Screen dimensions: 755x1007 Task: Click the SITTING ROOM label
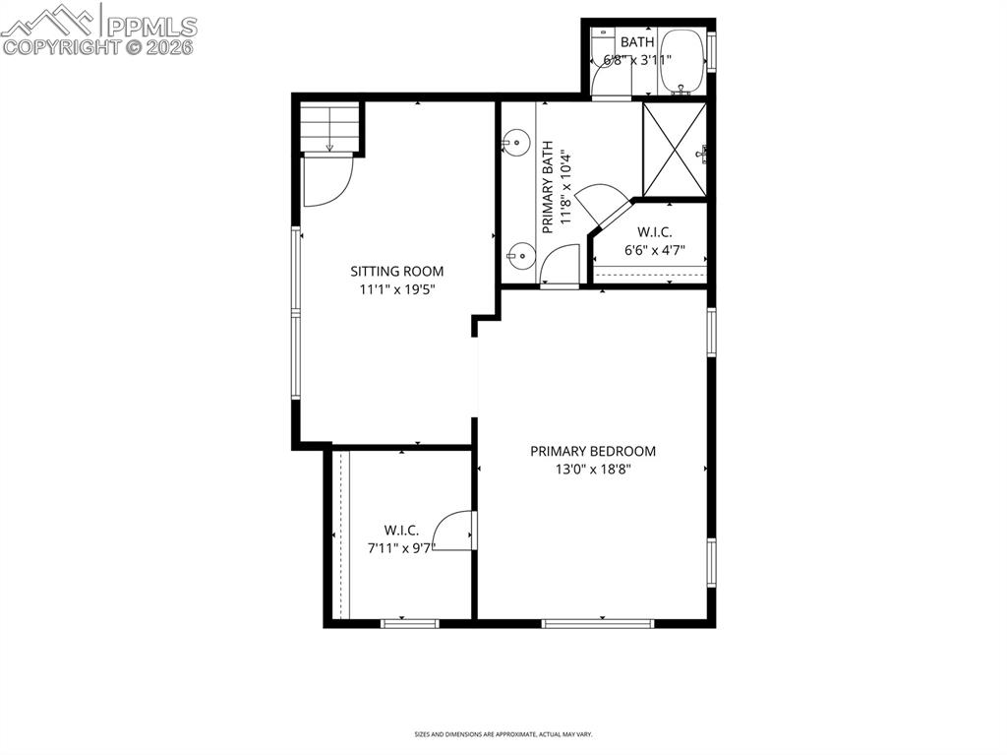(x=397, y=272)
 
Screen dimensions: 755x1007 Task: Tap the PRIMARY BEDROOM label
(x=593, y=452)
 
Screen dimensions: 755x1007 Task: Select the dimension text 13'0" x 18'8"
(x=593, y=470)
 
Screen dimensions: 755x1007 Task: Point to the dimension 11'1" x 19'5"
(x=397, y=289)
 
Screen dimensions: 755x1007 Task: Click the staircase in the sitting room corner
(x=329, y=127)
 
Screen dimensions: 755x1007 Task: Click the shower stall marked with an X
(x=674, y=149)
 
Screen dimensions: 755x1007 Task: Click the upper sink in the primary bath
(x=513, y=144)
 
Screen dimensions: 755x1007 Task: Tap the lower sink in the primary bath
(x=518, y=258)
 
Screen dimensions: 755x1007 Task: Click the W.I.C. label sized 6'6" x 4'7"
(x=654, y=232)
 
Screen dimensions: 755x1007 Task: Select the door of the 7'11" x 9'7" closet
(x=455, y=532)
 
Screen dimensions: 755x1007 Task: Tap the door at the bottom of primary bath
(x=562, y=267)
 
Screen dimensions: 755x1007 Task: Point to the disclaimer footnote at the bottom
(x=503, y=734)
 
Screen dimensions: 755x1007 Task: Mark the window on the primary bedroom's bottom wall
(x=598, y=623)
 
